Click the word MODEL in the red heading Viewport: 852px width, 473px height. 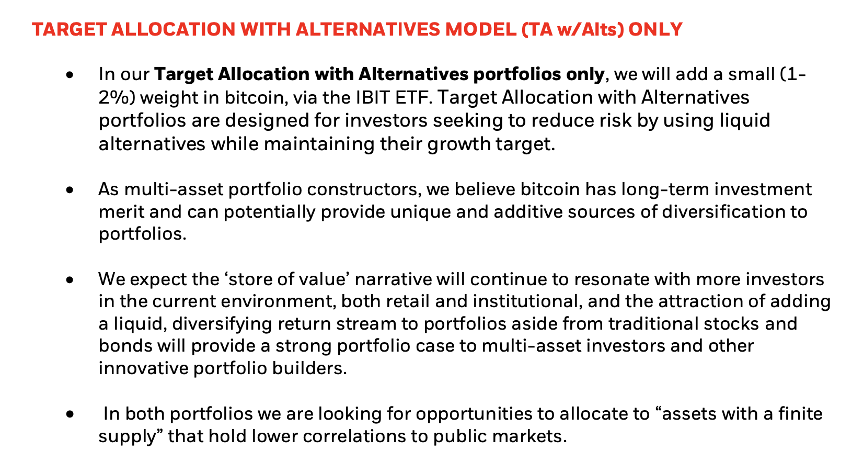[480, 30]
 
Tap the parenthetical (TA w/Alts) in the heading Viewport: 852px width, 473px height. [572, 30]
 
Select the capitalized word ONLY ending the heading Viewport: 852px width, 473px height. [655, 30]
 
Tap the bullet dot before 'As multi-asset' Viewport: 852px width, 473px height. [69, 189]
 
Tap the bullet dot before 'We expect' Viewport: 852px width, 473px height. [69, 280]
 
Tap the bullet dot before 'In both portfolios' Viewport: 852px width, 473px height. [69, 414]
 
